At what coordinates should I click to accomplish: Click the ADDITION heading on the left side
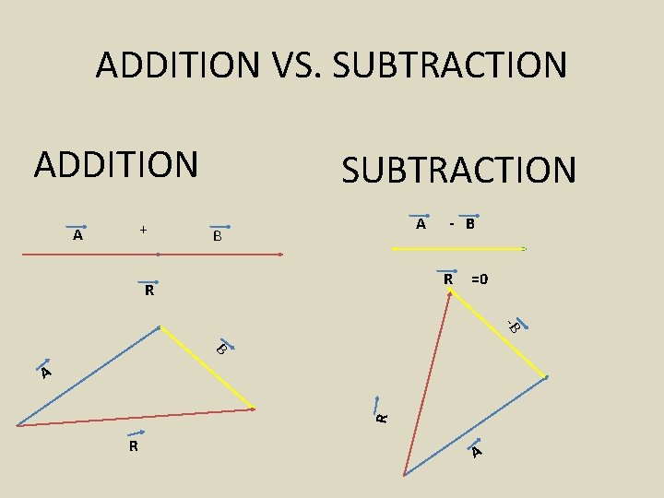pyautogui.click(x=116, y=164)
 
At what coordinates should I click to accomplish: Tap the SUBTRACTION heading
pyautogui.click(x=458, y=171)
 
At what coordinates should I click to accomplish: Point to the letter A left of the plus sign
pyautogui.click(x=78, y=235)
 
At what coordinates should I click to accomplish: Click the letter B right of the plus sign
pyautogui.click(x=217, y=236)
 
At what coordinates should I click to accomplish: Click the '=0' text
pyautogui.click(x=480, y=279)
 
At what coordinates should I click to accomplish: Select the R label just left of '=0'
pyautogui.click(x=447, y=279)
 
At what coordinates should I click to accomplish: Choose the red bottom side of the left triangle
pyautogui.click(x=135, y=417)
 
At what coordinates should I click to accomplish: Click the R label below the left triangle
pyautogui.click(x=135, y=447)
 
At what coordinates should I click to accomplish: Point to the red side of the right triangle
pyautogui.click(x=427, y=383)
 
